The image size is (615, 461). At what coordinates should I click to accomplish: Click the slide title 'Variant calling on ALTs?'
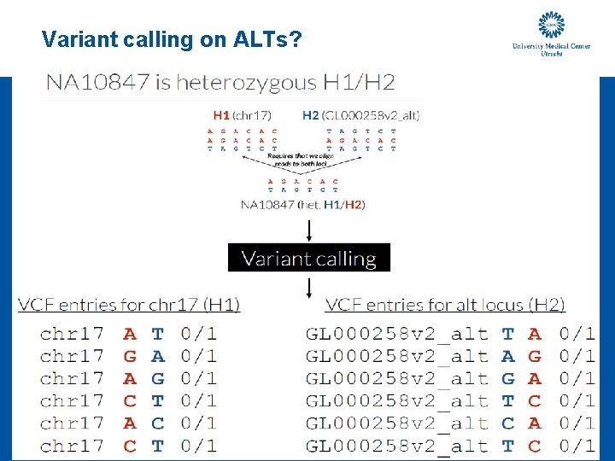(171, 39)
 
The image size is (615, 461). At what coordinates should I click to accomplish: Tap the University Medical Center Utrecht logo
(550, 34)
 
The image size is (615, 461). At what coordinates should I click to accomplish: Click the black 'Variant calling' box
(308, 258)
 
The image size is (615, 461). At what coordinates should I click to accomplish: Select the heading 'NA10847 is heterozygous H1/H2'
(220, 83)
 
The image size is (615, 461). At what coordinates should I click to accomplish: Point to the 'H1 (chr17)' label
(242, 114)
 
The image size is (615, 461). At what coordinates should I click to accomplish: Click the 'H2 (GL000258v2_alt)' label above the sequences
(360, 114)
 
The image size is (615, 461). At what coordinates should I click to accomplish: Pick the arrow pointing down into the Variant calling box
(308, 230)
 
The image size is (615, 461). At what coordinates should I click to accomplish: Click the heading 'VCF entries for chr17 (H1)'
(129, 305)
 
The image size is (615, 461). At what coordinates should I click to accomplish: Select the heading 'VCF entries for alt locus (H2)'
(445, 305)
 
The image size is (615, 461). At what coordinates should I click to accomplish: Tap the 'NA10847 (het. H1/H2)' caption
(303, 205)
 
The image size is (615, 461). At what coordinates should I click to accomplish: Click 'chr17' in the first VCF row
(72, 334)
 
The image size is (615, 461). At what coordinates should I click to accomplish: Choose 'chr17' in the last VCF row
(72, 445)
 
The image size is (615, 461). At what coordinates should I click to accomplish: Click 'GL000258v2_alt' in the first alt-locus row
(397, 334)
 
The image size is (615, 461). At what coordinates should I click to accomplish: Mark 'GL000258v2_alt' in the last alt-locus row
(397, 445)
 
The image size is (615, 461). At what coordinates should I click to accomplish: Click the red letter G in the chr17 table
(130, 356)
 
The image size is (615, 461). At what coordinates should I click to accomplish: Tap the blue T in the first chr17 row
(157, 334)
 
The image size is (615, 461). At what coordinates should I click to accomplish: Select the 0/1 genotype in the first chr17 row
(198, 334)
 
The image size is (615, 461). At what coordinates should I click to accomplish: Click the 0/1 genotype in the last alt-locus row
(577, 445)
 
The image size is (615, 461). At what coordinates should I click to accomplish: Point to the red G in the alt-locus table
(535, 356)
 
